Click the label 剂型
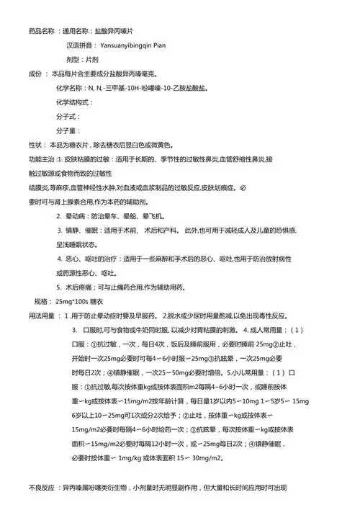point(72,59)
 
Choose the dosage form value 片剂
point(93,59)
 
